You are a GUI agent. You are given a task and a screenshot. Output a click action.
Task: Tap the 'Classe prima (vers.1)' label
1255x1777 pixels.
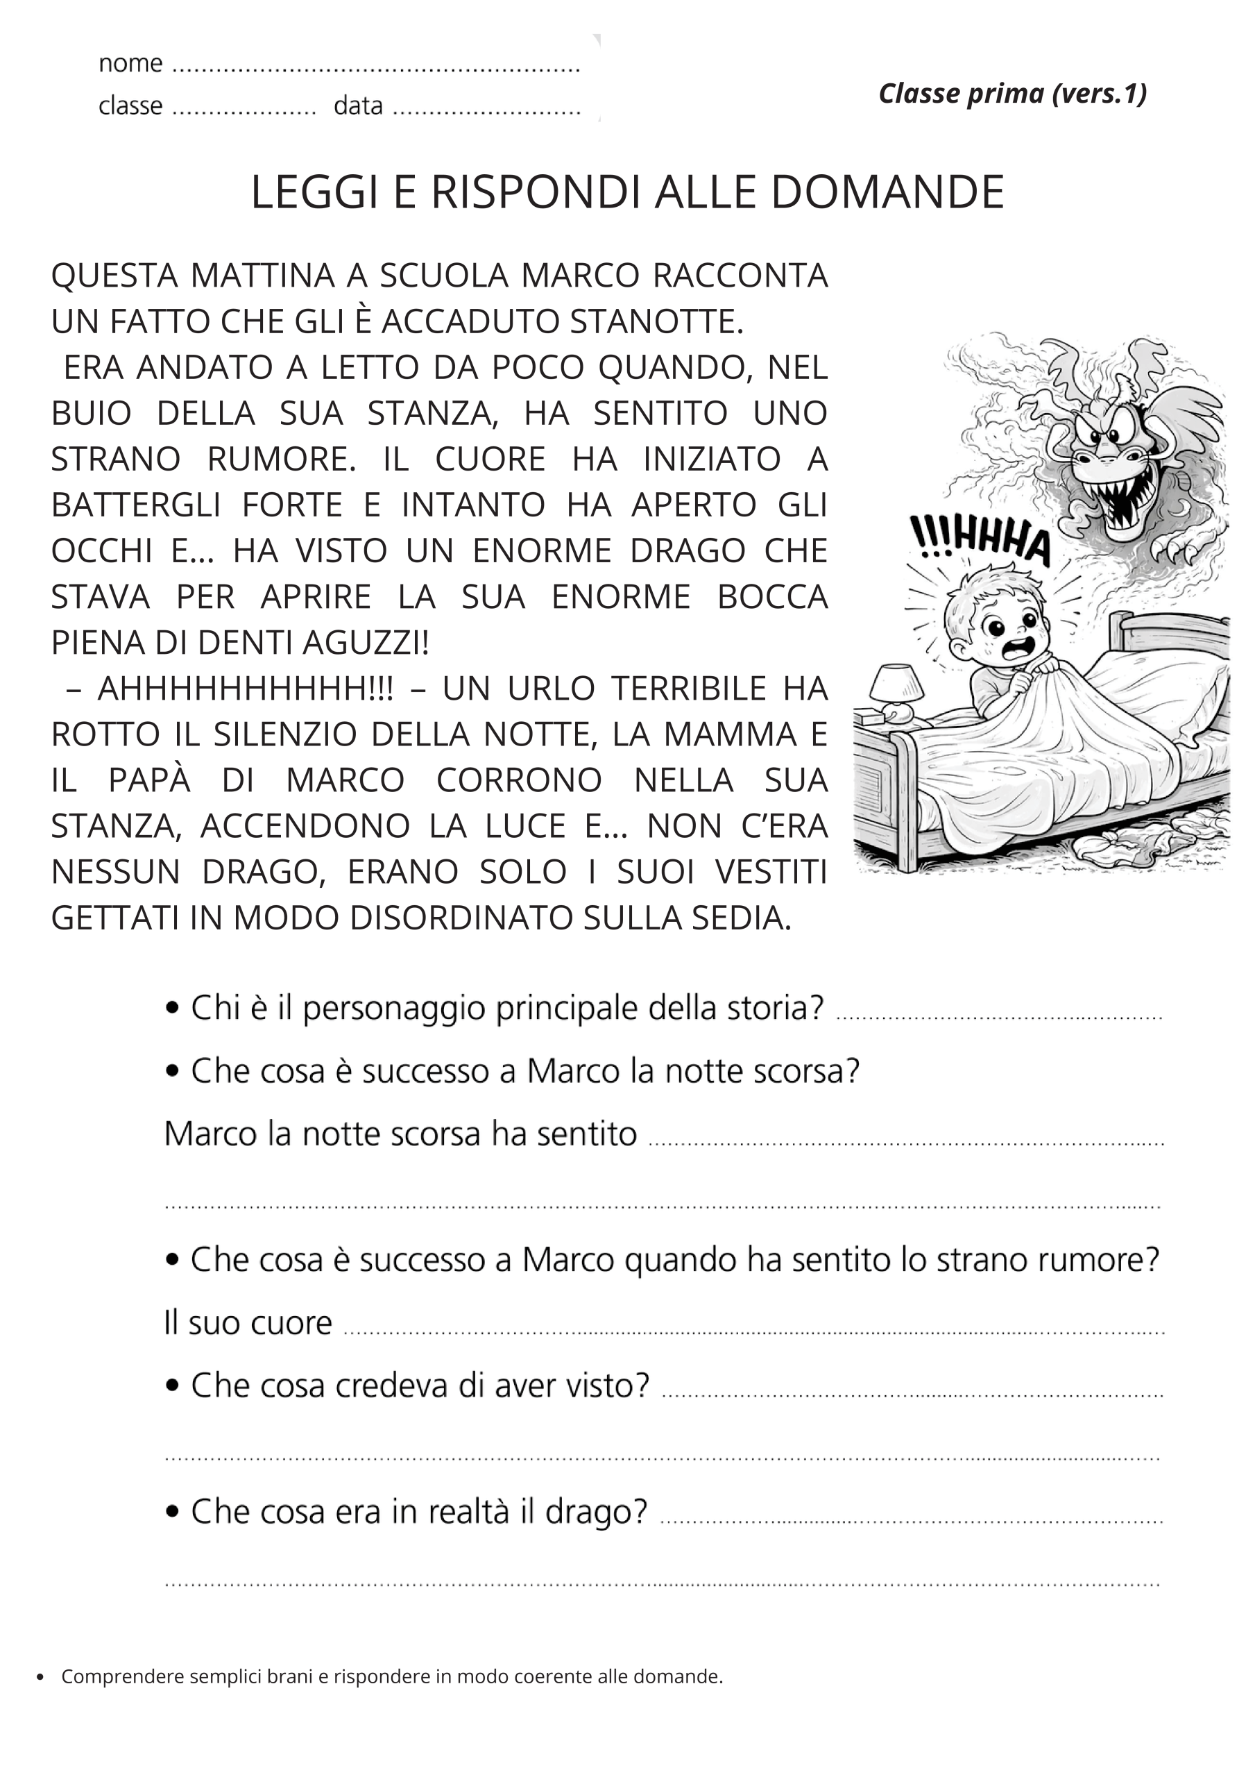(1012, 94)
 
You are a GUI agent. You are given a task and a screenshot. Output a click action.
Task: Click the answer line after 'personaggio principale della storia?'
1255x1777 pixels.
(998, 1016)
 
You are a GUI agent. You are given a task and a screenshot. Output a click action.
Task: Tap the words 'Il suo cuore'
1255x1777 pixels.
(248, 1323)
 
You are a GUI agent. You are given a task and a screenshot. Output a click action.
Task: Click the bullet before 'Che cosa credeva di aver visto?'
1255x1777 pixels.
(173, 1386)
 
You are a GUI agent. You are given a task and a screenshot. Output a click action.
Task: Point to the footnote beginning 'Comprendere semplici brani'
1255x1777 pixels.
(391, 1677)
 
